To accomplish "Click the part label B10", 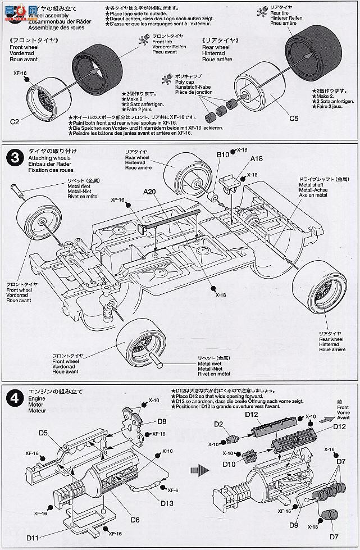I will point(224,153).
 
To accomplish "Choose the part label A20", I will point(149,192).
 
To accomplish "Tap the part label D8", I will point(162,421).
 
